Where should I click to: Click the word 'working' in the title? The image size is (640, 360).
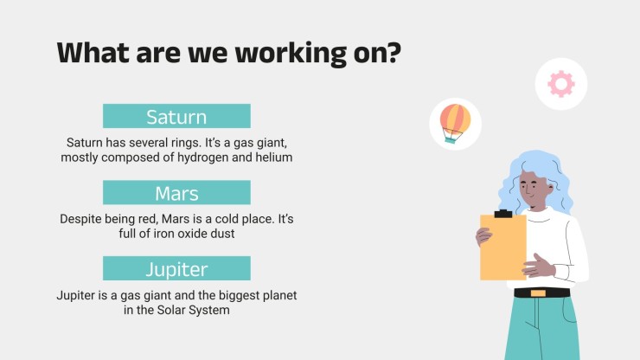coord(291,54)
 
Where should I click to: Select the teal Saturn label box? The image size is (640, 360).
coord(176,116)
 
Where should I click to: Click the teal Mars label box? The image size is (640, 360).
coord(176,192)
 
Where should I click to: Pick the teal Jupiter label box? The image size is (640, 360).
coord(176,268)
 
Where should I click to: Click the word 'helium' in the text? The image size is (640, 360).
coord(274,157)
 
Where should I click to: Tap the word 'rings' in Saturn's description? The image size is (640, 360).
coord(186,143)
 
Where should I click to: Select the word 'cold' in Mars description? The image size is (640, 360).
coord(227,219)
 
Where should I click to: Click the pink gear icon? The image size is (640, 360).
coord(561,84)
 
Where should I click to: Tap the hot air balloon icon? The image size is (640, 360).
coord(455,124)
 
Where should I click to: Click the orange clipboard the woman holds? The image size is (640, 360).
coord(503,247)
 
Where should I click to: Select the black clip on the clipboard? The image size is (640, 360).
coord(503,214)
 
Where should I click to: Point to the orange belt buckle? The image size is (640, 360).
coord(538,293)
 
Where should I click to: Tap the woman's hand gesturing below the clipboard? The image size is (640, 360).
coord(538,267)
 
